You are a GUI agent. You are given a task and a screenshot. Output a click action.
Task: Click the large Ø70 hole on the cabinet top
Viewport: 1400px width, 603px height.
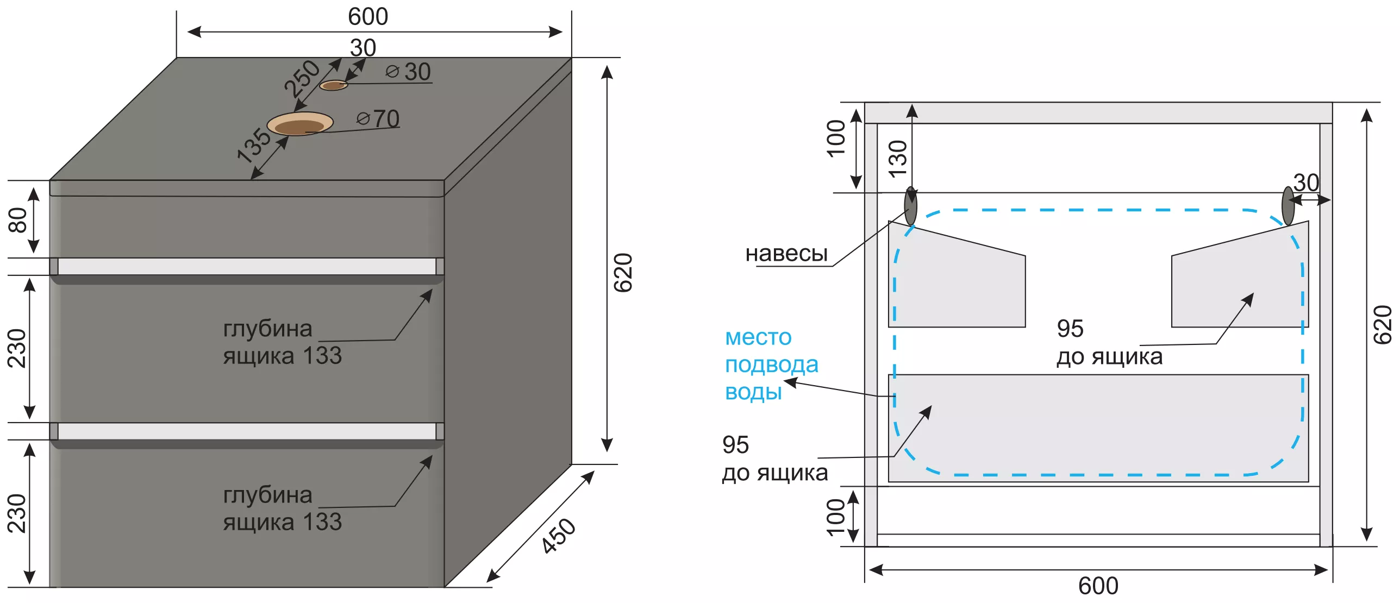300,124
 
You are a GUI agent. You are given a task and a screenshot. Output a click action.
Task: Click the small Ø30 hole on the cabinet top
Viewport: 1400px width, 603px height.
333,85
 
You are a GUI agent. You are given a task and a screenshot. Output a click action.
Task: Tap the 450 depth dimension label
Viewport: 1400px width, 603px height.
558,536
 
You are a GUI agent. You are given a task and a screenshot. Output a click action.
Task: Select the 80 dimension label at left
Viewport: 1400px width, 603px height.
17,219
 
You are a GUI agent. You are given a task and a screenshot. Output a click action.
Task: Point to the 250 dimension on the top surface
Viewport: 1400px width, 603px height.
302,79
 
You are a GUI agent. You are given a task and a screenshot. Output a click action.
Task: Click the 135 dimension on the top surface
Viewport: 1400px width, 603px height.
254,145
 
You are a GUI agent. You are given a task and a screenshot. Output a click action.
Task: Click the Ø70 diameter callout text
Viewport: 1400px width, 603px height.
378,118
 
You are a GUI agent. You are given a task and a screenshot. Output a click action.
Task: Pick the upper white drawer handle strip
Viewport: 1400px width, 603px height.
247,266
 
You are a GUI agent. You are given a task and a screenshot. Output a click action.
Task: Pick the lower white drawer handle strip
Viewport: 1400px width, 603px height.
247,431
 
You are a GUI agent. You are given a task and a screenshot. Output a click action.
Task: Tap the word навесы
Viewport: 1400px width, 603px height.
786,253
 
